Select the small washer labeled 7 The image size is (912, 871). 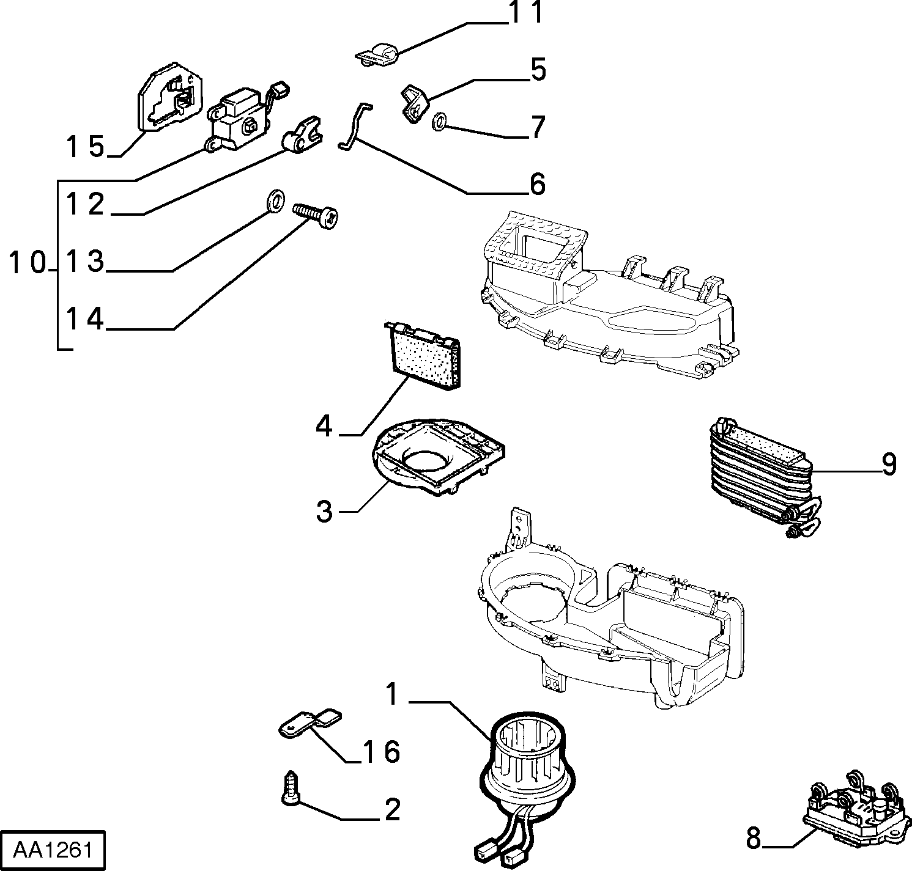(x=439, y=122)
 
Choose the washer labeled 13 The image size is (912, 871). (x=276, y=200)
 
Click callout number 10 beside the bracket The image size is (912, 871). (x=28, y=263)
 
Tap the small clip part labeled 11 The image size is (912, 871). (x=378, y=54)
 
